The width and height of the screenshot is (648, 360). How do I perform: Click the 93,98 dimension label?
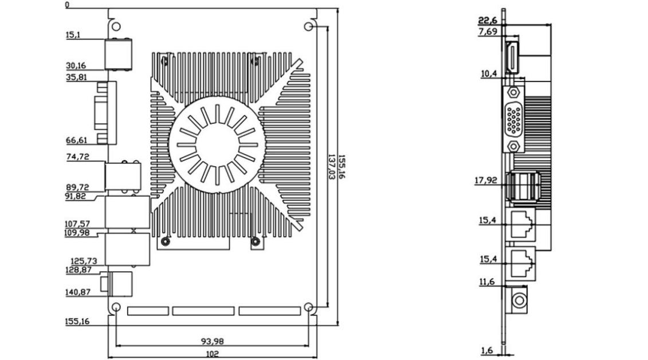[x=212, y=341]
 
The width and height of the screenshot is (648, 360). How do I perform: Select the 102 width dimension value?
[x=212, y=354]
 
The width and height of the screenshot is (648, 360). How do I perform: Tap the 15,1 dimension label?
[x=73, y=35]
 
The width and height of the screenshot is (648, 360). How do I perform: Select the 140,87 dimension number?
[x=77, y=292]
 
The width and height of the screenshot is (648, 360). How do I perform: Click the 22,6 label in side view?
[x=488, y=21]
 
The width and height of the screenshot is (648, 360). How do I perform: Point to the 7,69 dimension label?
[x=488, y=32]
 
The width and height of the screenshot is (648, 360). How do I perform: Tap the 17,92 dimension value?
[x=486, y=180]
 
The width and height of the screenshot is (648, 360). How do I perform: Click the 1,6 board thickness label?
[x=487, y=350]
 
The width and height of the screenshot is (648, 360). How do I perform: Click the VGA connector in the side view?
[x=515, y=119]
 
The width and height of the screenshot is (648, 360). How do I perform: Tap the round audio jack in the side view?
[x=519, y=300]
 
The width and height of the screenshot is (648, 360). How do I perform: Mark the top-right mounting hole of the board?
[x=309, y=27]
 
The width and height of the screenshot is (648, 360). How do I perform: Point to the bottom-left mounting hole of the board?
[x=116, y=308]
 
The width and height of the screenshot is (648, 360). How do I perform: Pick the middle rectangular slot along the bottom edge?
[x=203, y=311]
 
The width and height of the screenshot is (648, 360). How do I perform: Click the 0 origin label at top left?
[x=67, y=5]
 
